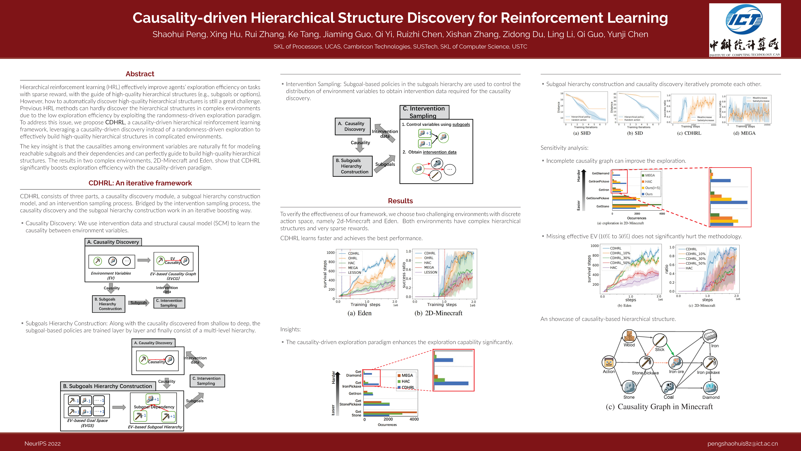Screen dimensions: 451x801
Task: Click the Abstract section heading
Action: [x=140, y=74]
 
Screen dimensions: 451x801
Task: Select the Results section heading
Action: [x=400, y=201]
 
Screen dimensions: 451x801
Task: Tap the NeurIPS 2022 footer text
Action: [x=43, y=443]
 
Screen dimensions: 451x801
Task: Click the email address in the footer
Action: [x=742, y=443]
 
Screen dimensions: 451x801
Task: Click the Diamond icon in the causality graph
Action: [x=711, y=388]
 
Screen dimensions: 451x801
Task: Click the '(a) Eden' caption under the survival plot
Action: [x=360, y=313]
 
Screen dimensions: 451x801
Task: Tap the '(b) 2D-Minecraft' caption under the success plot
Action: [x=438, y=313]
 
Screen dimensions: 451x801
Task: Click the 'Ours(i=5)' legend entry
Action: [x=652, y=188]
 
